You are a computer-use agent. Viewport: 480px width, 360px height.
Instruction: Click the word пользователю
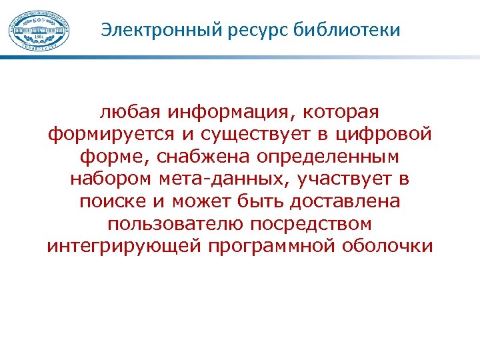pyautogui.click(x=167, y=223)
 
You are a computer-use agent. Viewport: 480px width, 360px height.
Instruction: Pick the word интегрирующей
pyautogui.click(x=123, y=246)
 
